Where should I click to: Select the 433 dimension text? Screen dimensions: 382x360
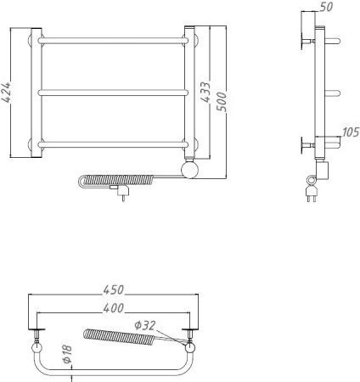pyautogui.click(x=205, y=91)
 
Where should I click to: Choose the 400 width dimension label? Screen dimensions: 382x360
pyautogui.click(x=113, y=306)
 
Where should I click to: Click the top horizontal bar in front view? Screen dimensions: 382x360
pyautogui.click(x=114, y=41)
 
